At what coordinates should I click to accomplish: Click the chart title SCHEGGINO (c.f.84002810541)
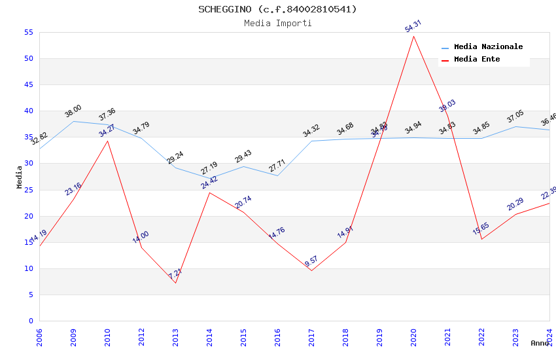(x=277, y=9)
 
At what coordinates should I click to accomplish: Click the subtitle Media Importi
(x=277, y=23)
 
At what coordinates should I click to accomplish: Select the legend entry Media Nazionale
(x=488, y=46)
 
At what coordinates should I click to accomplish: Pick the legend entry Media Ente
(x=477, y=59)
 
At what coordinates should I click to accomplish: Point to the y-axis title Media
(x=19, y=177)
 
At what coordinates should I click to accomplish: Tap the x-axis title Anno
(x=540, y=343)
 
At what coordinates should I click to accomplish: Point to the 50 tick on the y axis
(x=28, y=59)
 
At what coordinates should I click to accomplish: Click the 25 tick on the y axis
(x=28, y=190)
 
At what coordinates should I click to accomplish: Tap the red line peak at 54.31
(x=413, y=36)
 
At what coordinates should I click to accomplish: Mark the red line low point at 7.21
(x=175, y=283)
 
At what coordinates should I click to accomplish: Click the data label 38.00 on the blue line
(x=73, y=111)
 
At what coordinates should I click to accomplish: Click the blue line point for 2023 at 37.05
(x=515, y=126)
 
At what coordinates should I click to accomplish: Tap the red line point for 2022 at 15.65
(x=481, y=239)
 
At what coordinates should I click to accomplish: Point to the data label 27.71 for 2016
(x=277, y=166)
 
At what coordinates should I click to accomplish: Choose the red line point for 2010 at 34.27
(x=107, y=141)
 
